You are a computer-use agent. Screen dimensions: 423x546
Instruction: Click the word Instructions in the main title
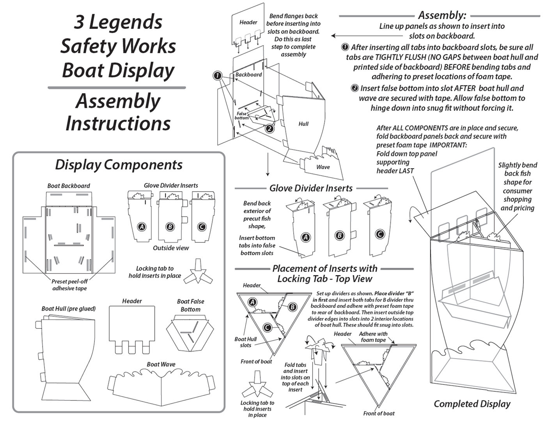118,123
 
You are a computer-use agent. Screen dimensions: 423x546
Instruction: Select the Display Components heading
119,165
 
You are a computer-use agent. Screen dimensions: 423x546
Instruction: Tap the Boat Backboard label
69,186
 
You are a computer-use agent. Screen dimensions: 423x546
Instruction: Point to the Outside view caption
171,248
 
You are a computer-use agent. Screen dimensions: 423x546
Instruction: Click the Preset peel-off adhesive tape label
69,285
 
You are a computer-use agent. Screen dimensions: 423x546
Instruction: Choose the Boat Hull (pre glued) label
69,309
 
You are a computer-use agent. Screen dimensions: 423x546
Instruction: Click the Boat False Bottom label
190,305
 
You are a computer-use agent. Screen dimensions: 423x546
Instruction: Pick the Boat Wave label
161,364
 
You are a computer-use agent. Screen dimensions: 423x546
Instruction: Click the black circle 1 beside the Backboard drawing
218,76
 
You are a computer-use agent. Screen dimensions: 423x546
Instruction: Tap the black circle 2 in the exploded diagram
269,128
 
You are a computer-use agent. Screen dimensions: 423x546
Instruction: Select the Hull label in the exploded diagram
303,124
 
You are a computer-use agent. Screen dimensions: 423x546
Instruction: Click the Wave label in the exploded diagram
323,167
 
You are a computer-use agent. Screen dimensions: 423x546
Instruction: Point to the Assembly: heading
442,15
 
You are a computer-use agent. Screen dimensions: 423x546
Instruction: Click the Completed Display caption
472,404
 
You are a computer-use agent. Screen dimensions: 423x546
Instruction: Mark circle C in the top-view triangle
267,327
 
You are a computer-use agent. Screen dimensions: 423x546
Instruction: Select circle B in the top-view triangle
292,307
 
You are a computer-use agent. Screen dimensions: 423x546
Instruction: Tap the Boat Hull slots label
245,342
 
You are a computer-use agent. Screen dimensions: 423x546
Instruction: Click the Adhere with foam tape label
373,337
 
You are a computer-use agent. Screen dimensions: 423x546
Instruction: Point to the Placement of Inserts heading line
324,268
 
